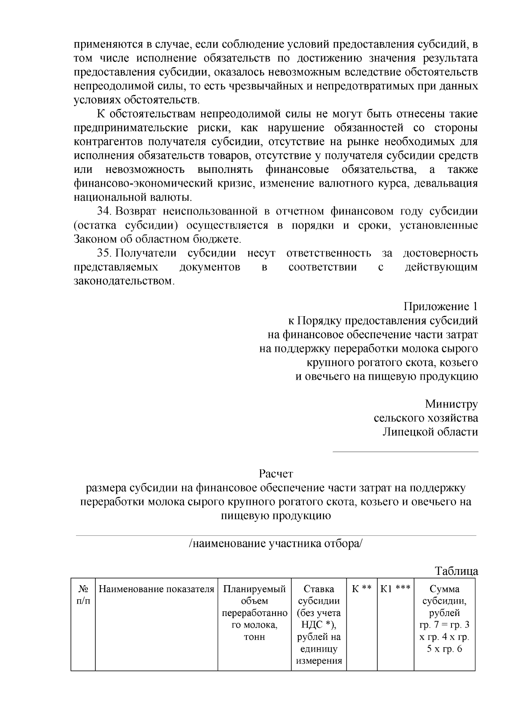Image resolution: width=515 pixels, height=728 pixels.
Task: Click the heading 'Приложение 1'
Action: pyautogui.click(x=440, y=307)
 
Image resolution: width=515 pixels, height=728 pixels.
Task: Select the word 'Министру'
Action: pyautogui.click(x=451, y=404)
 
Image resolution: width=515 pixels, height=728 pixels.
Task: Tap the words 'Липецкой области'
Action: pyautogui.click(x=430, y=432)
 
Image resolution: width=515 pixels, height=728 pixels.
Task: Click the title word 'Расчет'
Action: pyautogui.click(x=276, y=474)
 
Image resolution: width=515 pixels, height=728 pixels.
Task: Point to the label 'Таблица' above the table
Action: pyautogui.click(x=456, y=571)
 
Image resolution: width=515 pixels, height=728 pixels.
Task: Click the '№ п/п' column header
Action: pyautogui.click(x=83, y=595)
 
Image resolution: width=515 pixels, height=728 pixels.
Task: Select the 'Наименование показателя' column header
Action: pyautogui.click(x=156, y=589)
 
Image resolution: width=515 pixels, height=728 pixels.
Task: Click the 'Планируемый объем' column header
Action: pyautogui.click(x=254, y=595)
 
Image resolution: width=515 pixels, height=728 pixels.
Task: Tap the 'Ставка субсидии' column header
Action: pyautogui.click(x=319, y=595)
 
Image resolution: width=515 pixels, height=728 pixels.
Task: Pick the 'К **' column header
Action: pyautogui.click(x=362, y=589)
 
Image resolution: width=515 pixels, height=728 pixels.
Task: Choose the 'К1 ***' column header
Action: pyautogui.click(x=395, y=589)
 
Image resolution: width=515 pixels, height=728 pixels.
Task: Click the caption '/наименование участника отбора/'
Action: pyautogui.click(x=276, y=544)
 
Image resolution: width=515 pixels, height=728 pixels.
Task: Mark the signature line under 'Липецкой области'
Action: pyautogui.click(x=406, y=451)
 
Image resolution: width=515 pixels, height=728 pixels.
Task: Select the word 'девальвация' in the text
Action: pyautogui.click(x=450, y=184)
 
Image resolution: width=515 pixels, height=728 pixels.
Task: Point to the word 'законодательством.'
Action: pyautogui.click(x=125, y=281)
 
